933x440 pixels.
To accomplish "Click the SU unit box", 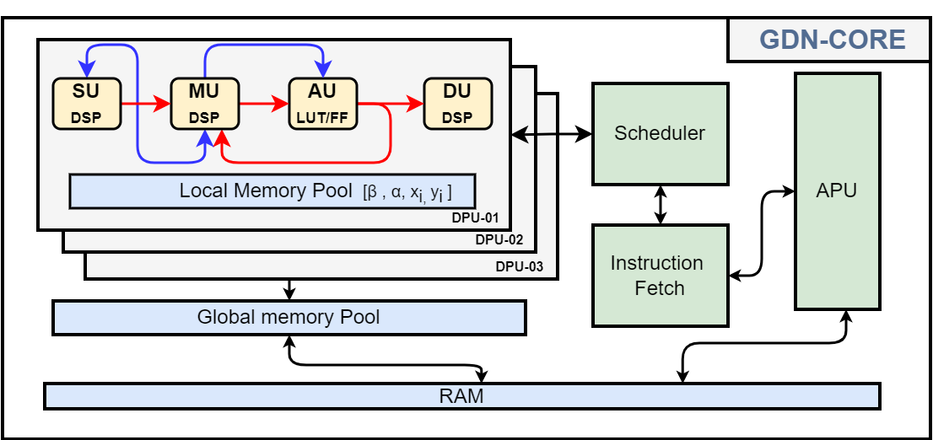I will point(87,104).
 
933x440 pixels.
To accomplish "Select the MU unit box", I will point(204,104).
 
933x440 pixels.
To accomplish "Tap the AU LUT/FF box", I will point(323,104).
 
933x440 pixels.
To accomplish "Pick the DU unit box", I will point(457,104).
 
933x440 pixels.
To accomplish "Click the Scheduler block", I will point(660,133).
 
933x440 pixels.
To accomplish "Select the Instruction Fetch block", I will point(660,275).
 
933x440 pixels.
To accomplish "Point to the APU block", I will point(837,190).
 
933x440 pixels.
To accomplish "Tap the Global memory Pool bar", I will point(289,318).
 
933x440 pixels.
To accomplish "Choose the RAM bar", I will point(461,396).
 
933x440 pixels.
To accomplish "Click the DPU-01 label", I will point(475,218).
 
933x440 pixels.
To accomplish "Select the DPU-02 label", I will point(499,240).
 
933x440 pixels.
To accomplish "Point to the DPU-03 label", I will point(520,267).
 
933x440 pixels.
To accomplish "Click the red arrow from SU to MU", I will point(145,105).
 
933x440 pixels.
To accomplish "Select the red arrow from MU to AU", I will point(263,105).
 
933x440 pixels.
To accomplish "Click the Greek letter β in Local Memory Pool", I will point(371,193).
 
